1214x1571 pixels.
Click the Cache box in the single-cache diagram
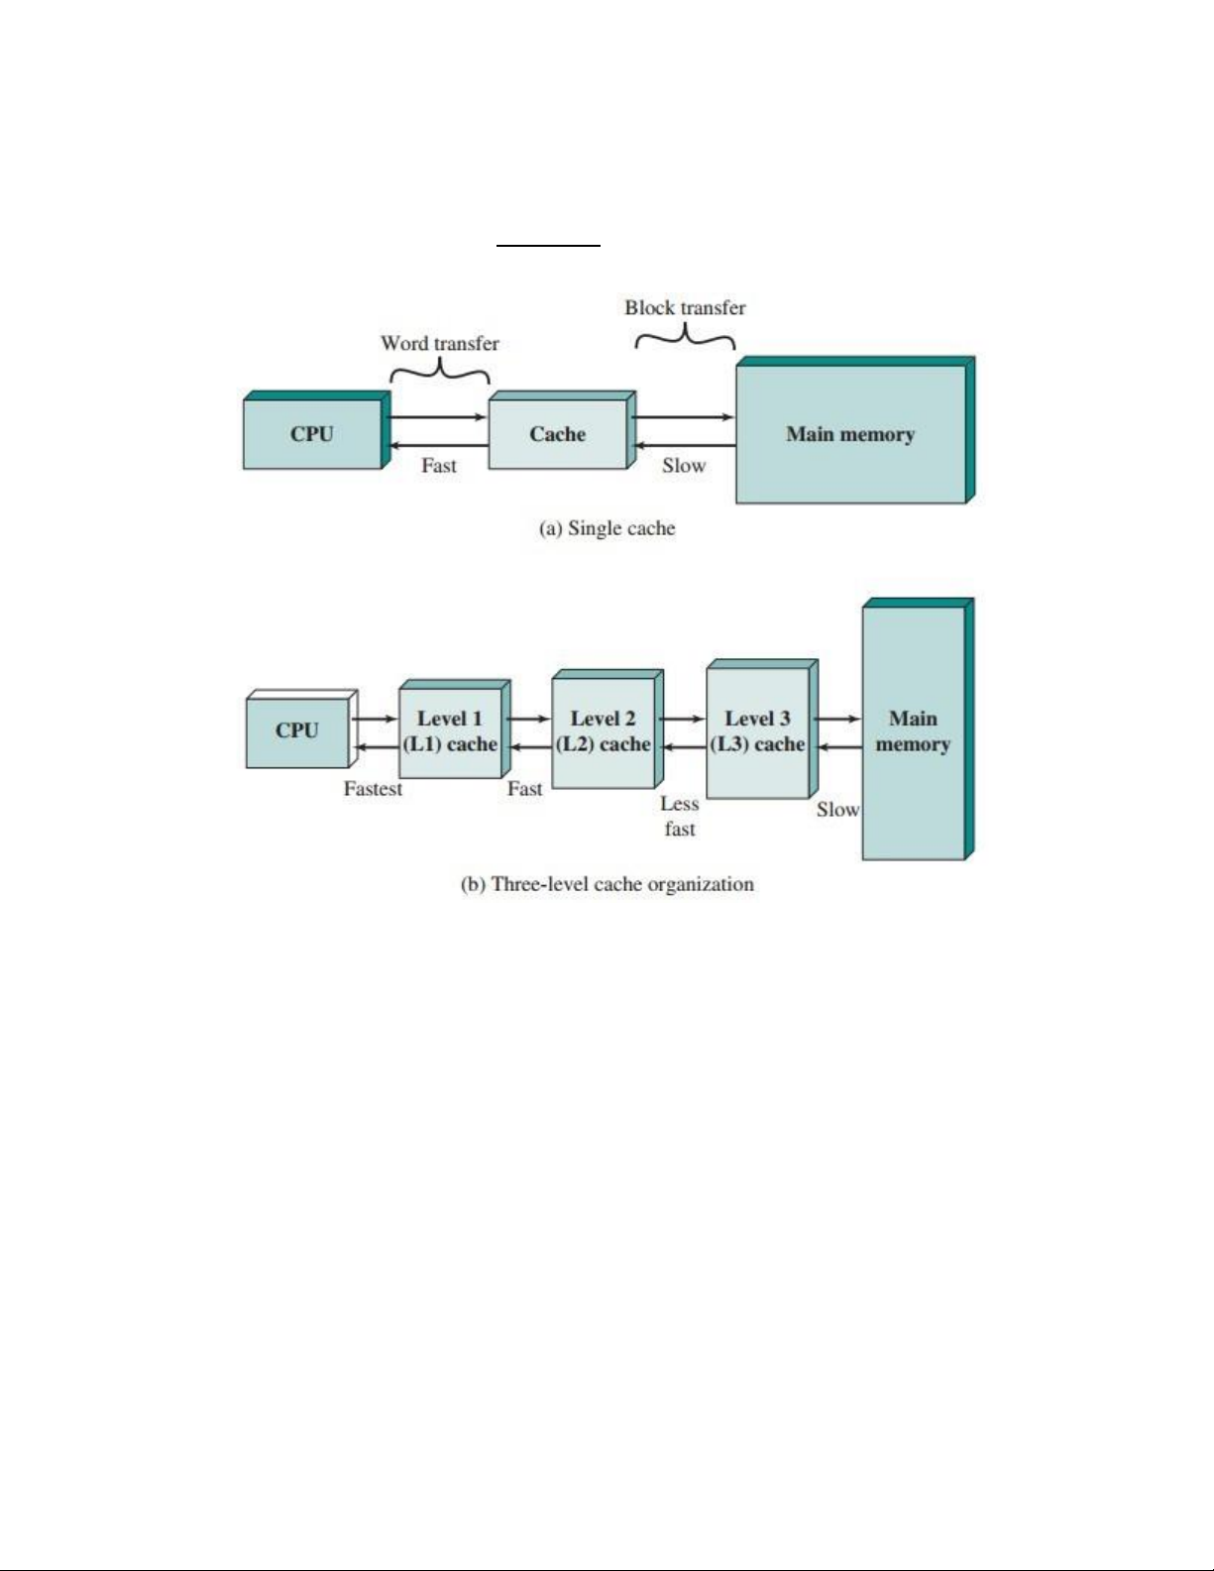point(558,434)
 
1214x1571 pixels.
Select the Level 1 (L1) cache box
point(450,731)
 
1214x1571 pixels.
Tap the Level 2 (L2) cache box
point(603,731)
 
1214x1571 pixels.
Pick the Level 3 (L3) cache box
point(757,731)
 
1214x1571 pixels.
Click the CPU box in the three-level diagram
point(297,730)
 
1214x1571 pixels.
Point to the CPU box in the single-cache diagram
point(312,434)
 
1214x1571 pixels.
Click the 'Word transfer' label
point(440,343)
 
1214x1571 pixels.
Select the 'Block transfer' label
point(685,307)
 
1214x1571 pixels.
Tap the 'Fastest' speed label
point(373,789)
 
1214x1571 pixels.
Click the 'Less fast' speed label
point(680,816)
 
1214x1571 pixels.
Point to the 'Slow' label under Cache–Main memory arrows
point(684,466)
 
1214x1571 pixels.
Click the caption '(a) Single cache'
point(607,528)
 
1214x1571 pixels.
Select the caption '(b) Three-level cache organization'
point(607,884)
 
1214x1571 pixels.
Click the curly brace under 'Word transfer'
point(440,372)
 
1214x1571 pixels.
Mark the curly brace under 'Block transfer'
point(685,338)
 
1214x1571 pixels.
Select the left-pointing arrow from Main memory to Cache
point(685,446)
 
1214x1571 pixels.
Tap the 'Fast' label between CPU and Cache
point(439,466)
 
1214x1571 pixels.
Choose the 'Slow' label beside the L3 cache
point(837,810)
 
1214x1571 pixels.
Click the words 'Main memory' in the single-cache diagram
point(850,434)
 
